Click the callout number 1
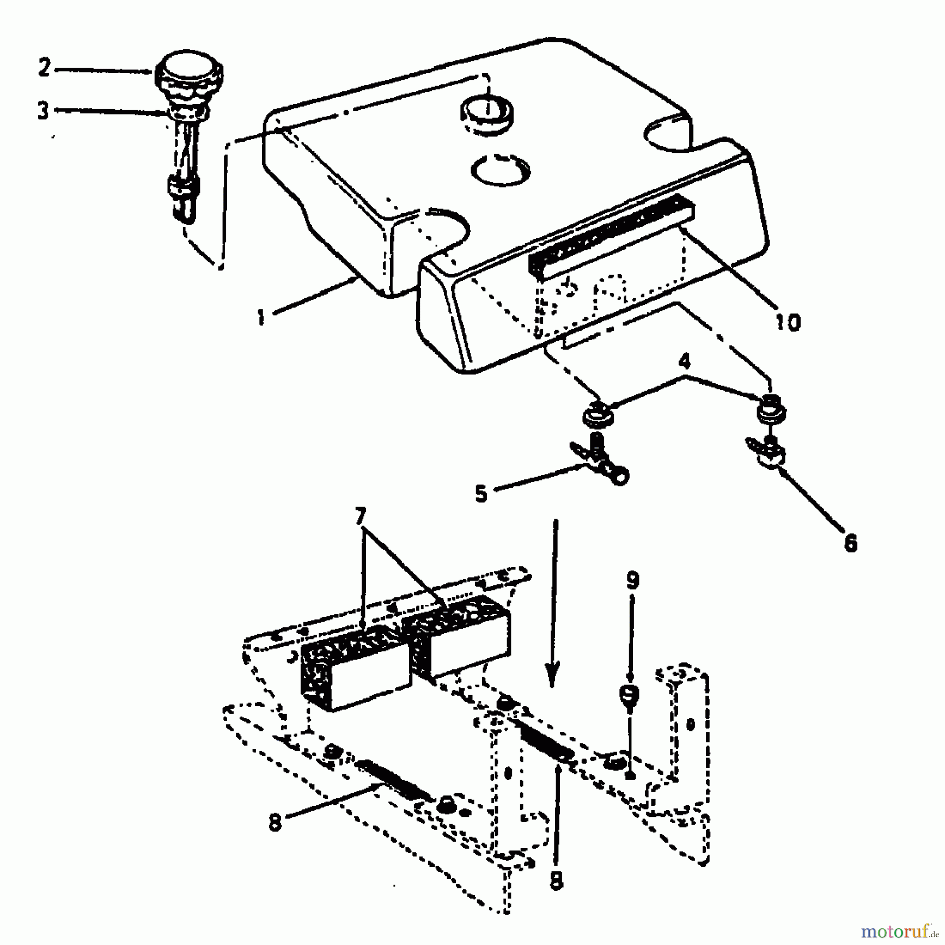tap(261, 318)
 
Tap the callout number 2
tap(44, 68)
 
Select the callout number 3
tap(43, 111)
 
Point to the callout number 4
tap(685, 362)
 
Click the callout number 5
tap(481, 494)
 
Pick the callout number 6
tap(850, 543)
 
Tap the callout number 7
tap(359, 517)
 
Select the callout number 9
tap(633, 581)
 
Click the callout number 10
tap(787, 322)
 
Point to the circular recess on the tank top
tap(501, 170)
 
